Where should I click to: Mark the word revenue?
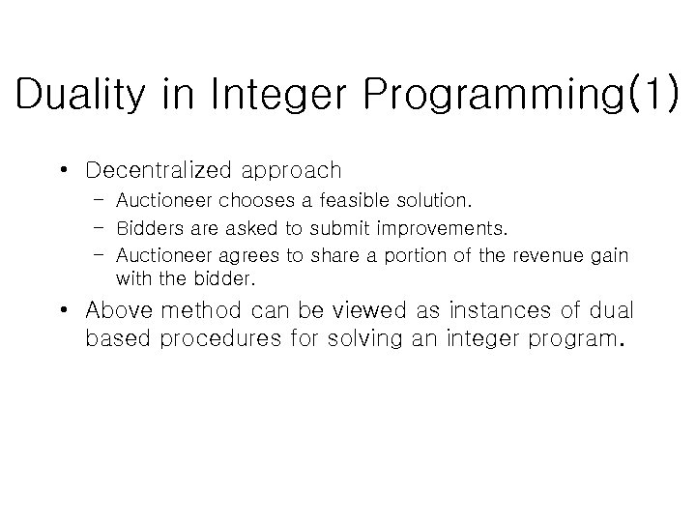(x=549, y=255)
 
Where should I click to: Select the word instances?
(x=474, y=311)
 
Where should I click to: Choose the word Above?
(x=117, y=311)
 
